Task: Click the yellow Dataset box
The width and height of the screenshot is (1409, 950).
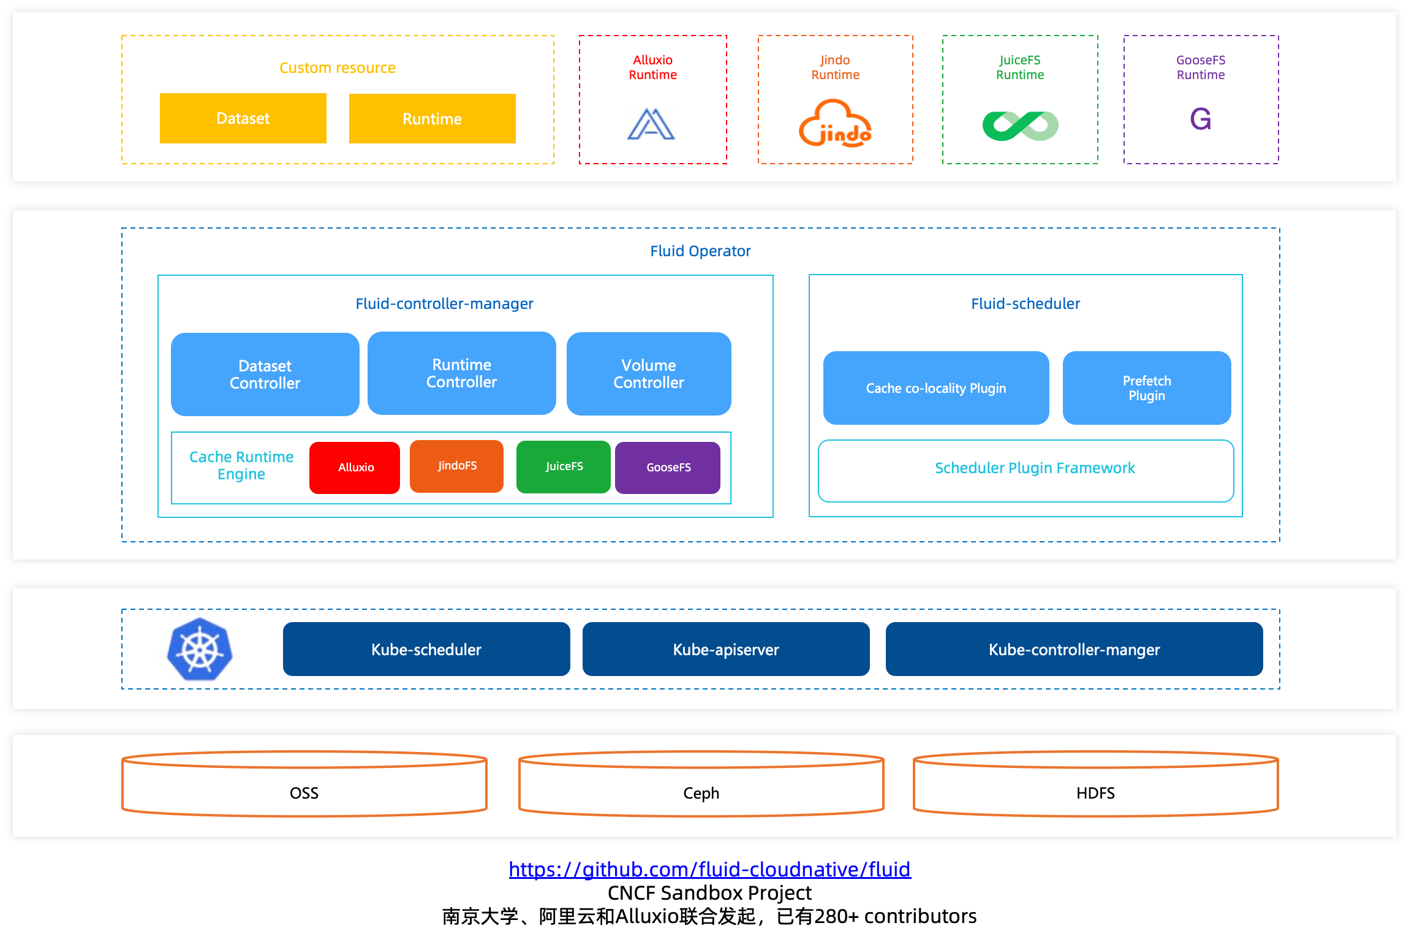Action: point(243,118)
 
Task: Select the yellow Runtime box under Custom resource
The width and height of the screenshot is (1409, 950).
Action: point(432,119)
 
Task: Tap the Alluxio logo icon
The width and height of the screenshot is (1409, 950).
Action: point(651,124)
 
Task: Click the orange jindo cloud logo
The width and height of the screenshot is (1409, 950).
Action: point(835,124)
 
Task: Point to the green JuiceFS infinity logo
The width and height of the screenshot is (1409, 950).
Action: point(1020,126)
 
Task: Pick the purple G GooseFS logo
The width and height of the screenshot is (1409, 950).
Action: point(1200,119)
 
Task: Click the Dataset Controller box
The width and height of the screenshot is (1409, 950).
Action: point(265,374)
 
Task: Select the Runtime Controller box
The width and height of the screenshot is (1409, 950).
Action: point(461,373)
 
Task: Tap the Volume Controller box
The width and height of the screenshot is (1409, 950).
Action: point(648,374)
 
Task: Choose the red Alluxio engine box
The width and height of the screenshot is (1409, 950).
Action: point(355,468)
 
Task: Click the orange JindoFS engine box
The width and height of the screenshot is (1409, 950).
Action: point(456,466)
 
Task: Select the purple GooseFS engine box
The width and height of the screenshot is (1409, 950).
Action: point(668,468)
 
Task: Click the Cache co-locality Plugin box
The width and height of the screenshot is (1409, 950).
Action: point(935,388)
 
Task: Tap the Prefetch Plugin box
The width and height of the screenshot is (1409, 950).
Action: point(1146,388)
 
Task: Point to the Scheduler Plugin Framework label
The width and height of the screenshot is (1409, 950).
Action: point(1034,468)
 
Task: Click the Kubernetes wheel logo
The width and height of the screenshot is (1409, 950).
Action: point(200,650)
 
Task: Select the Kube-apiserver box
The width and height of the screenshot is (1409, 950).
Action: point(725,649)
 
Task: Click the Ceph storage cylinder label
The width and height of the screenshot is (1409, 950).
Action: point(701,793)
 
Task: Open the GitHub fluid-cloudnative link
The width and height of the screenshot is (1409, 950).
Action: point(709,869)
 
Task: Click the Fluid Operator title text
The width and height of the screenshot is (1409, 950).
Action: point(700,251)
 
